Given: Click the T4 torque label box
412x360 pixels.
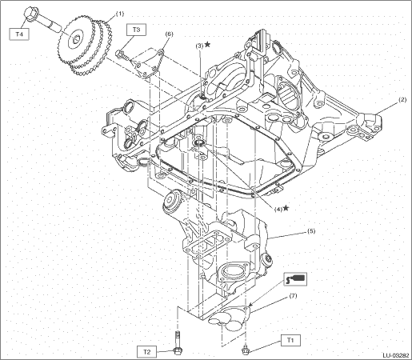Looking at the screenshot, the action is pos(19,34).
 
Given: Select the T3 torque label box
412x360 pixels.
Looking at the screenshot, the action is pos(136,30).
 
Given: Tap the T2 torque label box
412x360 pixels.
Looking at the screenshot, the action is pos(146,352).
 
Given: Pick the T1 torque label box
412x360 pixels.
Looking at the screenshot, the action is pos(290,341).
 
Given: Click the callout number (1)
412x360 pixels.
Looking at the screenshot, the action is pos(120,14).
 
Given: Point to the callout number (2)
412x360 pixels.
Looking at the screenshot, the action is pos(402,100).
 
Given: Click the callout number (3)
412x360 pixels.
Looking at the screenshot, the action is pos(199,46).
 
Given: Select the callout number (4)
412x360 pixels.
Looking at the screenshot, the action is pos(278,210).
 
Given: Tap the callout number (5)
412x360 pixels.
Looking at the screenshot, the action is pos(311,231).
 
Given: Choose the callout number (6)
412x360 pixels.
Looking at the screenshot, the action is pos(169,34).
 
